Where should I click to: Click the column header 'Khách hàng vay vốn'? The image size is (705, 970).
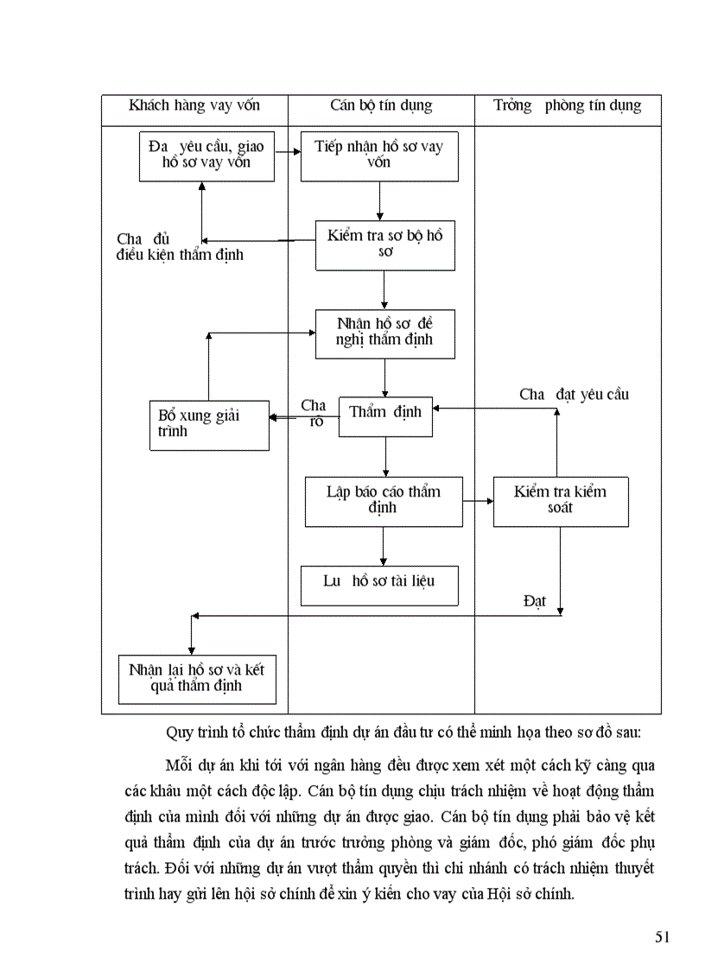pyautogui.click(x=194, y=106)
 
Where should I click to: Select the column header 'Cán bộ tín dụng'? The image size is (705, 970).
pyautogui.click(x=381, y=106)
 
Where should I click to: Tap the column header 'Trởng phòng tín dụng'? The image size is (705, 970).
pyautogui.click(x=567, y=106)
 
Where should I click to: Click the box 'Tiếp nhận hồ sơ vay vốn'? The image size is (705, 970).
pyautogui.click(x=379, y=156)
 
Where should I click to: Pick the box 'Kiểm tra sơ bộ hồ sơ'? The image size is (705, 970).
pyautogui.click(x=384, y=245)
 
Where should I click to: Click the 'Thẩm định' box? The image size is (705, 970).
pyautogui.click(x=385, y=416)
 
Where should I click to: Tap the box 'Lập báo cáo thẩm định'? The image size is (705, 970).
pyautogui.click(x=384, y=501)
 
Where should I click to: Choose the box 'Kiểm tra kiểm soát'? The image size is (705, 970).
pyautogui.click(x=561, y=501)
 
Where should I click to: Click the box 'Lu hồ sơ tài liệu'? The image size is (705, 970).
pyautogui.click(x=379, y=585)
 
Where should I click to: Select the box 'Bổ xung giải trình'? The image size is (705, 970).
pyautogui.click(x=208, y=424)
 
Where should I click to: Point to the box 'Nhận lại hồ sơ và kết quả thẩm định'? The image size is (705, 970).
pyautogui.click(x=197, y=679)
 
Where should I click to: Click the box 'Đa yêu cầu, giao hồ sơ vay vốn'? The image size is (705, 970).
pyautogui.click(x=206, y=156)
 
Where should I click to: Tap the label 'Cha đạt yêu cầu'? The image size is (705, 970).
pyautogui.click(x=574, y=395)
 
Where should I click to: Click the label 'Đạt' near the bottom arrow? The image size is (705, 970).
pyautogui.click(x=535, y=600)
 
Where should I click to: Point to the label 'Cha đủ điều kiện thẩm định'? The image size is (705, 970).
pyautogui.click(x=180, y=247)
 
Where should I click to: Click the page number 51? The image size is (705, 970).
pyautogui.click(x=663, y=938)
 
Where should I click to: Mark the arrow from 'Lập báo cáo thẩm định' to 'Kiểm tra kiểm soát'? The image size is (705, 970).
pyautogui.click(x=478, y=500)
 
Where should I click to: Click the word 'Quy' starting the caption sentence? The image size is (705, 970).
pyautogui.click(x=180, y=733)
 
